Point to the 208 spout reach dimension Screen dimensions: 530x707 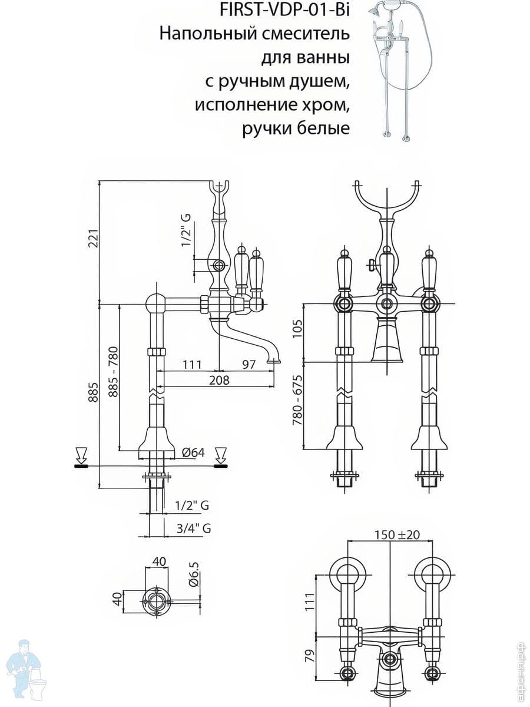pos(219,380)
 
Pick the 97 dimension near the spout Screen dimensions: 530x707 pos(248,364)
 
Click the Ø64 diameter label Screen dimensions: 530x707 pos(193,452)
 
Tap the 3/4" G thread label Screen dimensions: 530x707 pos(194,528)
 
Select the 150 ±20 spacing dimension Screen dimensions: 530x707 pos(397,535)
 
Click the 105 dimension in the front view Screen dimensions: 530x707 pos(297,329)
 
